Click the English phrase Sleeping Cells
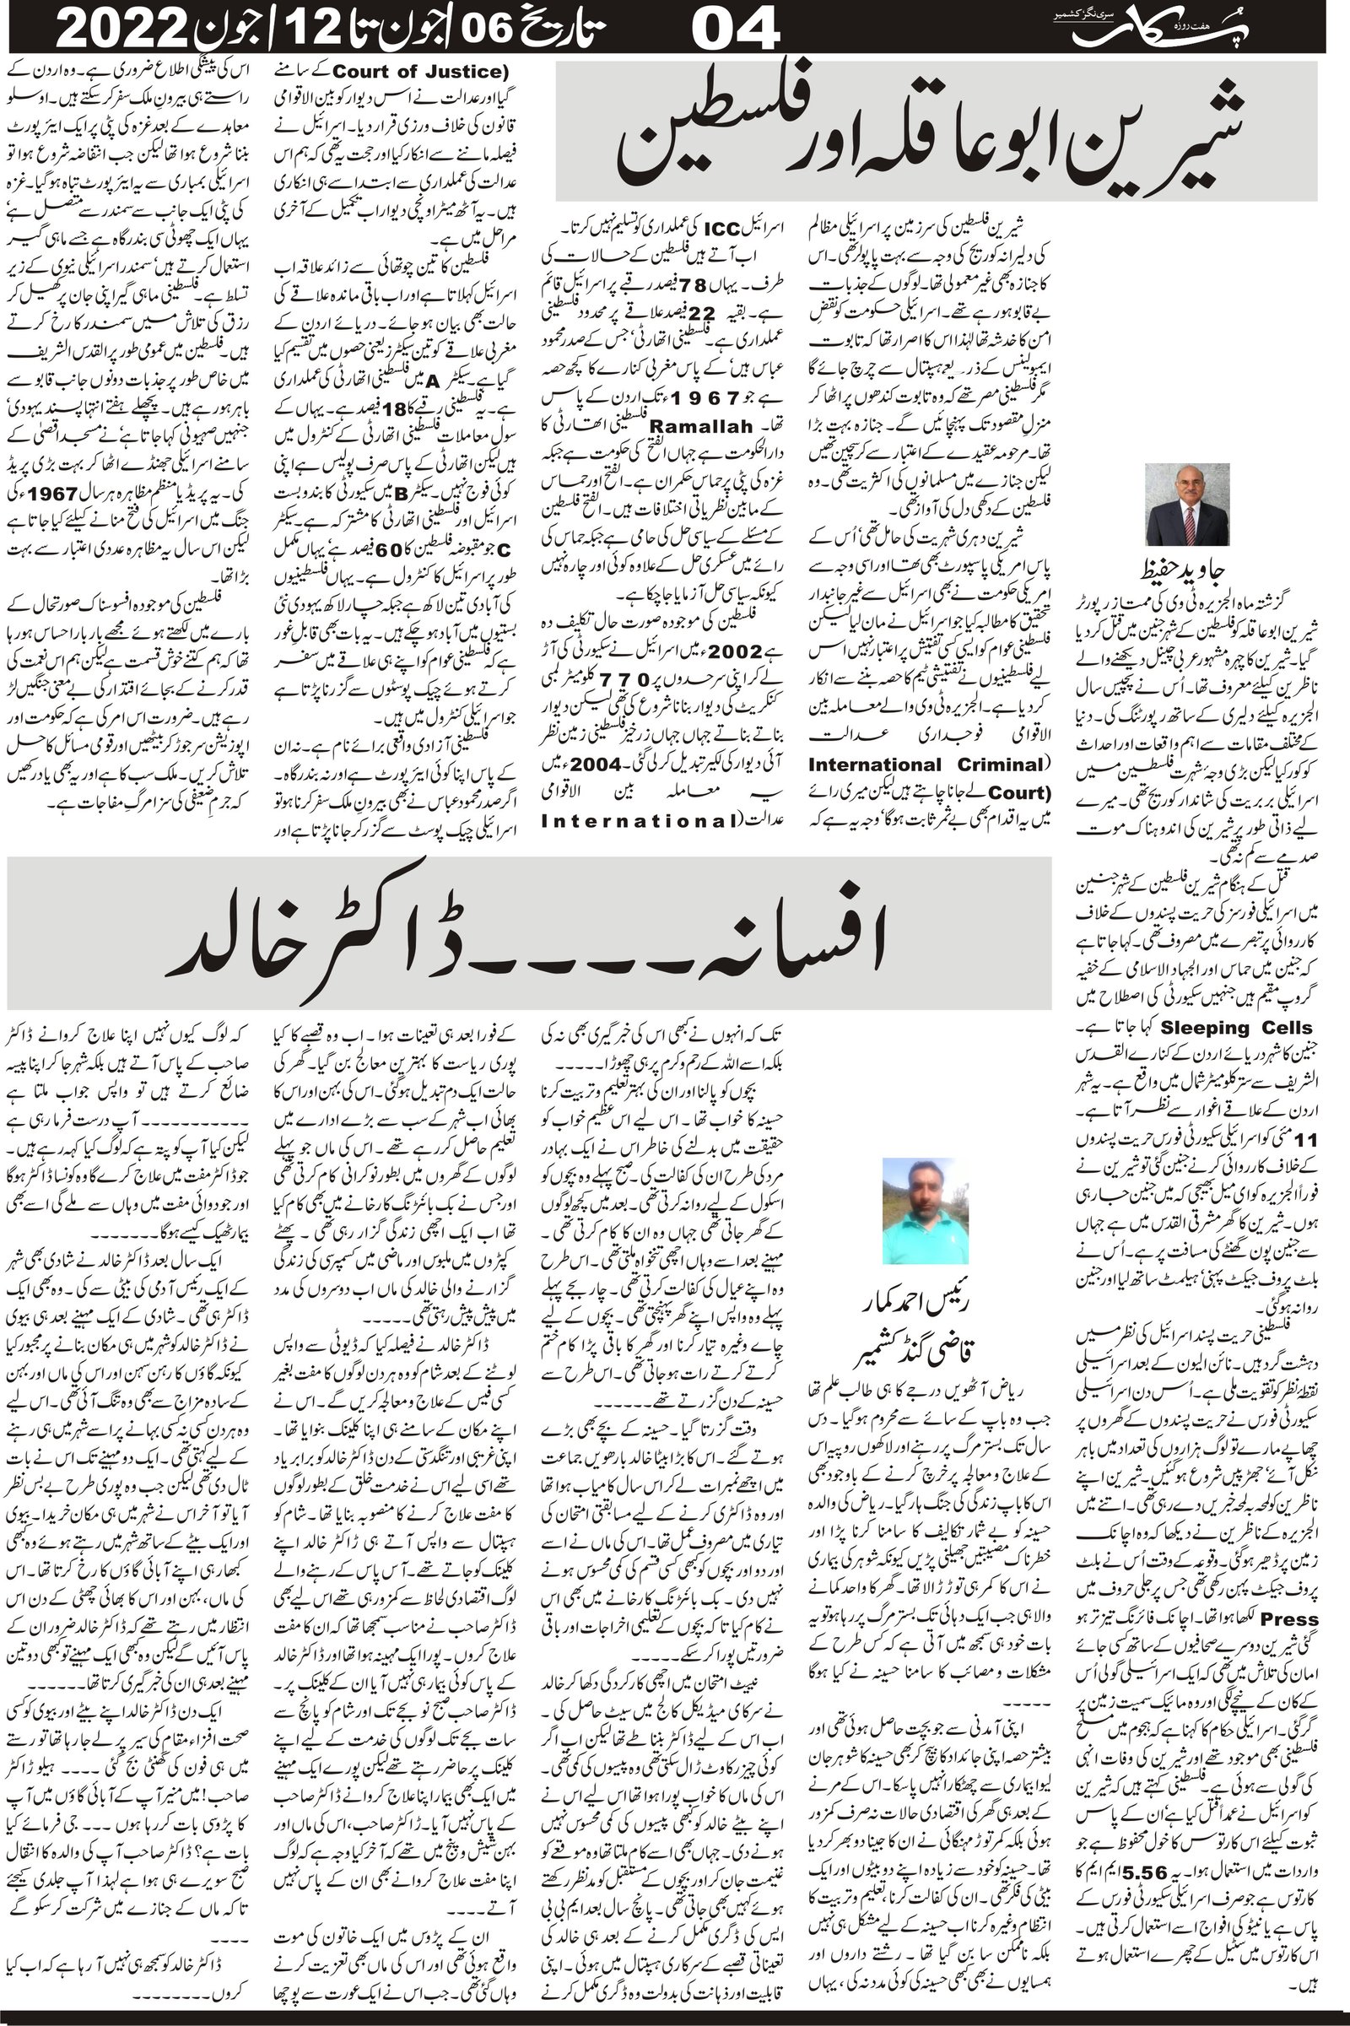(x=1236, y=1027)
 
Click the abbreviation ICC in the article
(x=717, y=230)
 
